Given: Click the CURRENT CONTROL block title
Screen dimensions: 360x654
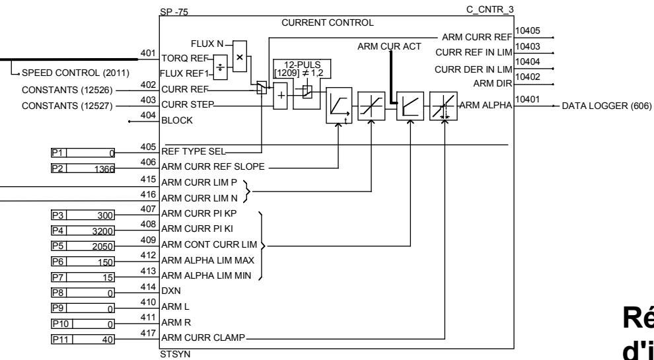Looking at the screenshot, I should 327,22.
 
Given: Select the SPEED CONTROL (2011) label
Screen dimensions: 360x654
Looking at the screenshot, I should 75,72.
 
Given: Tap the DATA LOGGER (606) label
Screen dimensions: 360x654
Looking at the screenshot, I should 606,106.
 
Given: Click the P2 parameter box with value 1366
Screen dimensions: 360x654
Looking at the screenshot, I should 83,168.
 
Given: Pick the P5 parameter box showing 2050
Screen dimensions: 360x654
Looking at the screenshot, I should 83,246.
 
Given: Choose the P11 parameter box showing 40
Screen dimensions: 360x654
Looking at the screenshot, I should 83,340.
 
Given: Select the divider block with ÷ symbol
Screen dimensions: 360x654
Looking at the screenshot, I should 221,67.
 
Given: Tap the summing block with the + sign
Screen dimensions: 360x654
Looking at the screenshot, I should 281,95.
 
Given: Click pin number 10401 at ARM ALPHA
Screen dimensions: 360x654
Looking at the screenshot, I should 525,99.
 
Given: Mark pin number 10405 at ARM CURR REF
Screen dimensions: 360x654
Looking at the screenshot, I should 525,30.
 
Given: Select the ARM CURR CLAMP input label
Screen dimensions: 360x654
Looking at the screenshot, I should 202,339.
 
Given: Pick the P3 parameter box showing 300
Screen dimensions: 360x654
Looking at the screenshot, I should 83,215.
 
